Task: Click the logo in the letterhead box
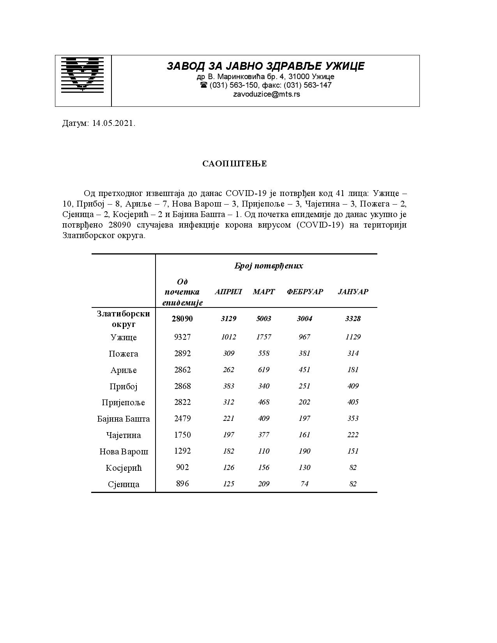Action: click(83, 74)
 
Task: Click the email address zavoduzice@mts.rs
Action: click(266, 94)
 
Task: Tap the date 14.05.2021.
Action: click(114, 124)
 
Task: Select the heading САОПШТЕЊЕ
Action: click(234, 164)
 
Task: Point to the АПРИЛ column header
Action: click(228, 292)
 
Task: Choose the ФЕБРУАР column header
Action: click(304, 292)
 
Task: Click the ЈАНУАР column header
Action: click(353, 292)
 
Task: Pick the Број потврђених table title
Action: click(268, 266)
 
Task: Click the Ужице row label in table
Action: click(124, 337)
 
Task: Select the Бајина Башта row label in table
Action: click(124, 419)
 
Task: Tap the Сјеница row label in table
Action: click(124, 484)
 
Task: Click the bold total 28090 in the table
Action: click(182, 319)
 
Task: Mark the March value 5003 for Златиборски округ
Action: click(264, 319)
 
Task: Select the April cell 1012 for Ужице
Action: click(228, 337)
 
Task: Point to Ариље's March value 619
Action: click(264, 370)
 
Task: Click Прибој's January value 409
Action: click(353, 386)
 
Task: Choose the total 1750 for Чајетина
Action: click(182, 435)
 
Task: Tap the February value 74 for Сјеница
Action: click(304, 484)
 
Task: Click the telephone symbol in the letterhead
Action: click(203, 85)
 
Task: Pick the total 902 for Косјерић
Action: click(182, 467)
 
